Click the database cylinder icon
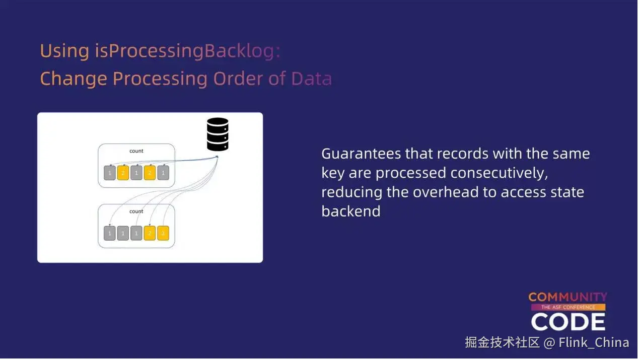pyautogui.click(x=218, y=134)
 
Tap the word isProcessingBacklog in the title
pyautogui.click(x=187, y=51)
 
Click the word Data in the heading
pyautogui.click(x=311, y=79)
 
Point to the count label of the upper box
pyautogui.click(x=136, y=151)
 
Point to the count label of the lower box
pyautogui.click(x=136, y=211)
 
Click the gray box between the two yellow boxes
pyautogui.click(x=136, y=173)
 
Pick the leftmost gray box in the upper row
pyautogui.click(x=110, y=173)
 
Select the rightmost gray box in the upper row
pyautogui.click(x=163, y=173)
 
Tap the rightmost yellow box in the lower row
pyautogui.click(x=163, y=233)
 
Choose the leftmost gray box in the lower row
pyautogui.click(x=110, y=233)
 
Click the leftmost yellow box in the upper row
pyautogui.click(x=123, y=173)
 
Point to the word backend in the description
pyautogui.click(x=350, y=211)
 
